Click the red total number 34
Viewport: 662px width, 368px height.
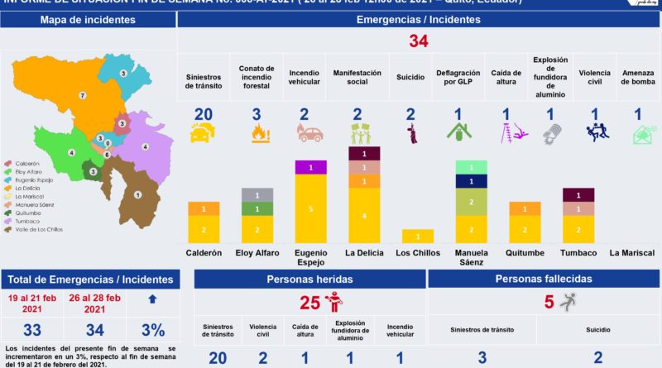click(x=419, y=41)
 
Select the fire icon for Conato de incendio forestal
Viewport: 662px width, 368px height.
click(x=257, y=134)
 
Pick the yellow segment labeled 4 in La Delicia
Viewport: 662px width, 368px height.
click(x=365, y=215)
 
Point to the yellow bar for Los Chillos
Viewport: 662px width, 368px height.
click(x=418, y=237)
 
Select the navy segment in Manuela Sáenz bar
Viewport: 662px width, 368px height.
click(x=471, y=181)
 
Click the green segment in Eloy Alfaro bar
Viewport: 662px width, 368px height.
click(x=257, y=208)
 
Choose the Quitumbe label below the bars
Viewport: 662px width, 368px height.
click(x=525, y=253)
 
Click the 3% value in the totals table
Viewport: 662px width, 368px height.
click(x=152, y=330)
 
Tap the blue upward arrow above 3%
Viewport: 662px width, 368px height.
click(x=152, y=298)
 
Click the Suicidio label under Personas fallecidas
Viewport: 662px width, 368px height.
click(x=598, y=329)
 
